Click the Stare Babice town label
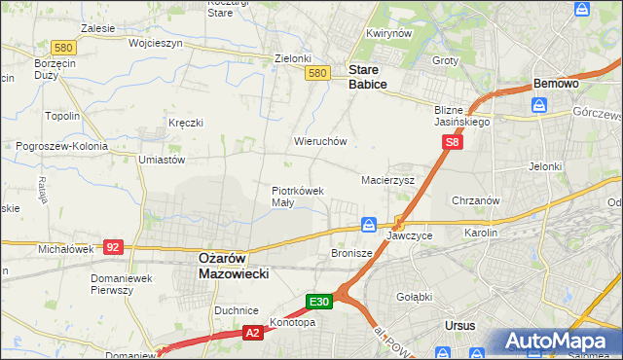[x=368, y=78]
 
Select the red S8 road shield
[x=452, y=143]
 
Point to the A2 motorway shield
[x=251, y=333]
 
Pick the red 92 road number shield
[x=114, y=247]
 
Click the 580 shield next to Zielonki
[x=316, y=73]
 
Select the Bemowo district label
[x=555, y=84]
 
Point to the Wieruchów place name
[x=320, y=141]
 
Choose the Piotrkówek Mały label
[x=297, y=197]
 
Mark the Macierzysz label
[x=387, y=181]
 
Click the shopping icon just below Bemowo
[x=538, y=104]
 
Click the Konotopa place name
[x=292, y=323]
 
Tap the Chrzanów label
[x=476, y=200]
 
